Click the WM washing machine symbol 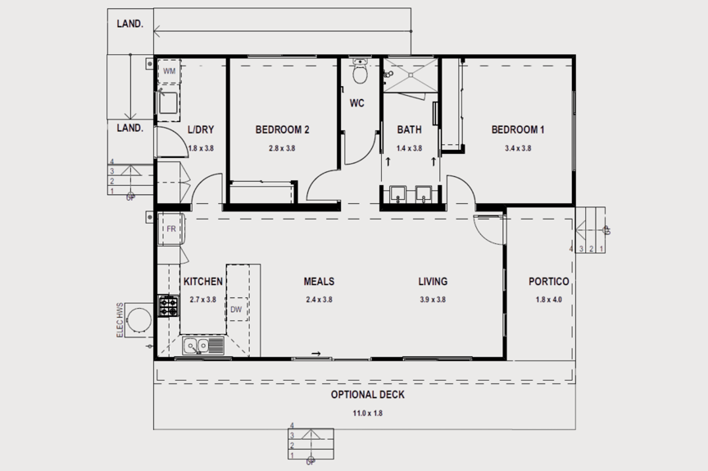point(169,72)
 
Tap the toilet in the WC point(358,73)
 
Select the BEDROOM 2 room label point(282,129)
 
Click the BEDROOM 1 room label point(518,129)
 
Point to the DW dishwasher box point(236,310)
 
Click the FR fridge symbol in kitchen point(171,229)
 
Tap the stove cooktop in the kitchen point(168,307)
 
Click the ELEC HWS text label point(120,319)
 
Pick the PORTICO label point(548,282)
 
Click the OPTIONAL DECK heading point(368,395)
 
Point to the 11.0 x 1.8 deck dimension point(368,413)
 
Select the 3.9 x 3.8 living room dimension point(433,300)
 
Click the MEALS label point(319,282)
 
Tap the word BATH point(409,129)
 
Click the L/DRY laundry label point(201,129)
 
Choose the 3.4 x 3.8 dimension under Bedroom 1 point(518,148)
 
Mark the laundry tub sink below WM point(169,102)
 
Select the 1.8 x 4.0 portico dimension point(548,300)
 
